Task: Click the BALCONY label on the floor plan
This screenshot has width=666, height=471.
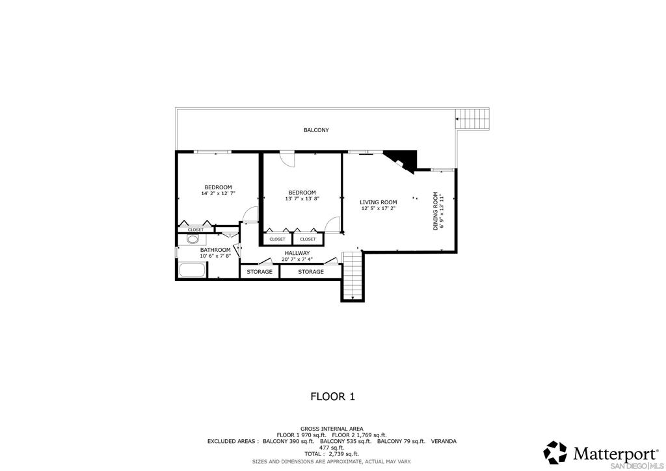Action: [316, 130]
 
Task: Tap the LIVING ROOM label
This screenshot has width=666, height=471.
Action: [379, 202]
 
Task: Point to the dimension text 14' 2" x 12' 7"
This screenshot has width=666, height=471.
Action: [218, 194]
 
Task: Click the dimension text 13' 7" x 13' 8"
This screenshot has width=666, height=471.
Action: [302, 199]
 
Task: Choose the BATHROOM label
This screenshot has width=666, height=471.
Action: [215, 250]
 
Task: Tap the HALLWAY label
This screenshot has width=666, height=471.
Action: [297, 253]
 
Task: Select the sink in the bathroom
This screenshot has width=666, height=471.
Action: [192, 239]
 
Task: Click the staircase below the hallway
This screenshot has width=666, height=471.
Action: [351, 276]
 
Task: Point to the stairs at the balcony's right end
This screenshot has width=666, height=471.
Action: [473, 119]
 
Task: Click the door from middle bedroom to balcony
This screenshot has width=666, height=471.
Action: [287, 159]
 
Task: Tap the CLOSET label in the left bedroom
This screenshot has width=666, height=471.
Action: [195, 230]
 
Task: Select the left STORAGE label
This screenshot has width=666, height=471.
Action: [260, 272]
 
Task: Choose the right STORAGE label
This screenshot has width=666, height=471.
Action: [310, 272]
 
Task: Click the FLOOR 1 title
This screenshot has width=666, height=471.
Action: [332, 396]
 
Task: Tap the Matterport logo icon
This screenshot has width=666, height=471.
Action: [555, 452]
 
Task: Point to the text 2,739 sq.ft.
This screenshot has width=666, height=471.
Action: [344, 454]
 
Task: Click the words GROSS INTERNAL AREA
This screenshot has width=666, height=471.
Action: [332, 429]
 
